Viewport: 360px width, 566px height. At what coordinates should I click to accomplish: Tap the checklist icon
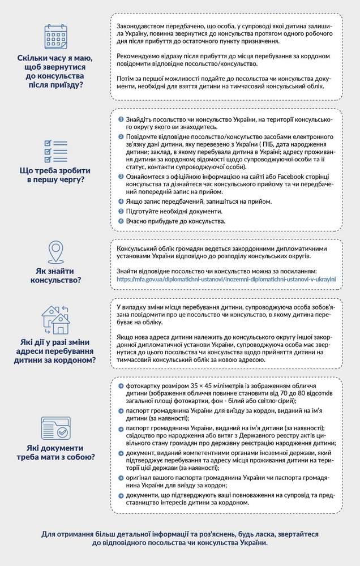(x=55, y=151)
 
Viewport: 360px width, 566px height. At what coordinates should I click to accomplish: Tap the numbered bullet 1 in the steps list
(x=120, y=121)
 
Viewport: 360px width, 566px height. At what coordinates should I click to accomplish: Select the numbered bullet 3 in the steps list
(x=120, y=177)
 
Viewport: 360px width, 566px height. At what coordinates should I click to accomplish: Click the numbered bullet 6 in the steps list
(x=120, y=221)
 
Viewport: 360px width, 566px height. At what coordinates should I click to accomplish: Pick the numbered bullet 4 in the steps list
(x=120, y=201)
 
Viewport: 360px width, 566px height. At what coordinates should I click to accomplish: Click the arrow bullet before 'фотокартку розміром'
(x=121, y=386)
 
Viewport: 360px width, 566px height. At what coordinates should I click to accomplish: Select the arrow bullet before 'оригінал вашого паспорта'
(x=121, y=478)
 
